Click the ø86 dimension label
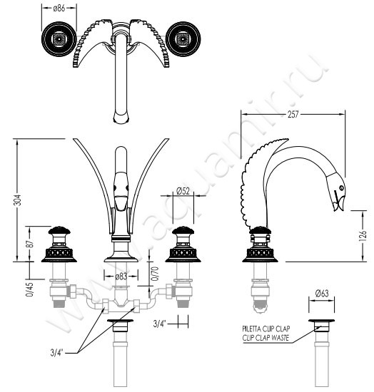(x=59, y=9)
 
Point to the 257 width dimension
(x=293, y=114)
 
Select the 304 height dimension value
(x=17, y=200)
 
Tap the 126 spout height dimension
(x=363, y=235)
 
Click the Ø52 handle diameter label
(x=183, y=191)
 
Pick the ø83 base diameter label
(x=121, y=277)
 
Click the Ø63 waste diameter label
(x=322, y=293)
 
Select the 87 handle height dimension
(x=29, y=244)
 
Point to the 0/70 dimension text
(x=155, y=274)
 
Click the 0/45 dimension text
(x=29, y=289)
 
